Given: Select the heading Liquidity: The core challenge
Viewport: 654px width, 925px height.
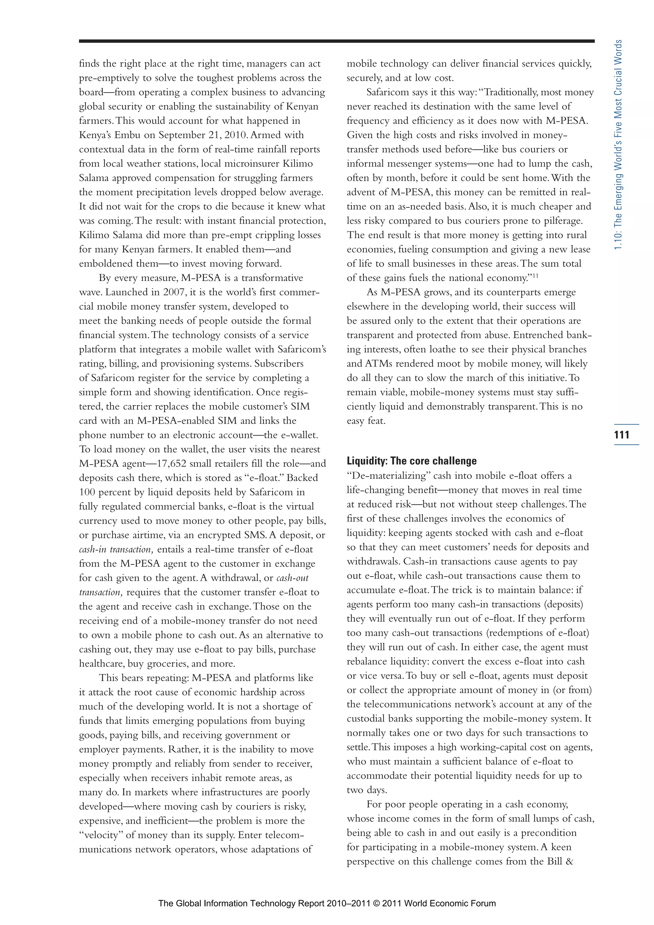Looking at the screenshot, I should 411,461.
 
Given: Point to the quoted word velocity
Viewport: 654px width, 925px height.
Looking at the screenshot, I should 102,835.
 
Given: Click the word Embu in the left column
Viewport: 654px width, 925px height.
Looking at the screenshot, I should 128,135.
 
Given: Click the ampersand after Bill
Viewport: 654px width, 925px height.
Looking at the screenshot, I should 570,862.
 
